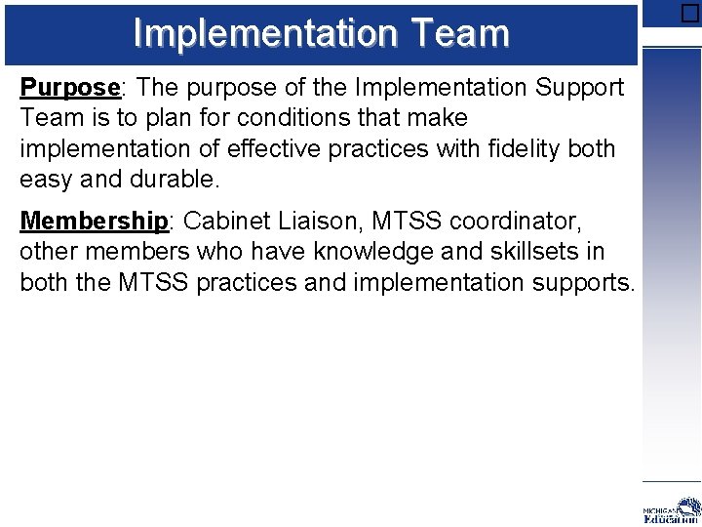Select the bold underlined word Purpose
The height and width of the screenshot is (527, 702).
point(70,88)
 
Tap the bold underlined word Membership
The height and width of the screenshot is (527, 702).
point(94,221)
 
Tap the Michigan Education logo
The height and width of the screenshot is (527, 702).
point(672,510)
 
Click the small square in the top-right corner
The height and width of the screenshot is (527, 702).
point(689,13)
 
